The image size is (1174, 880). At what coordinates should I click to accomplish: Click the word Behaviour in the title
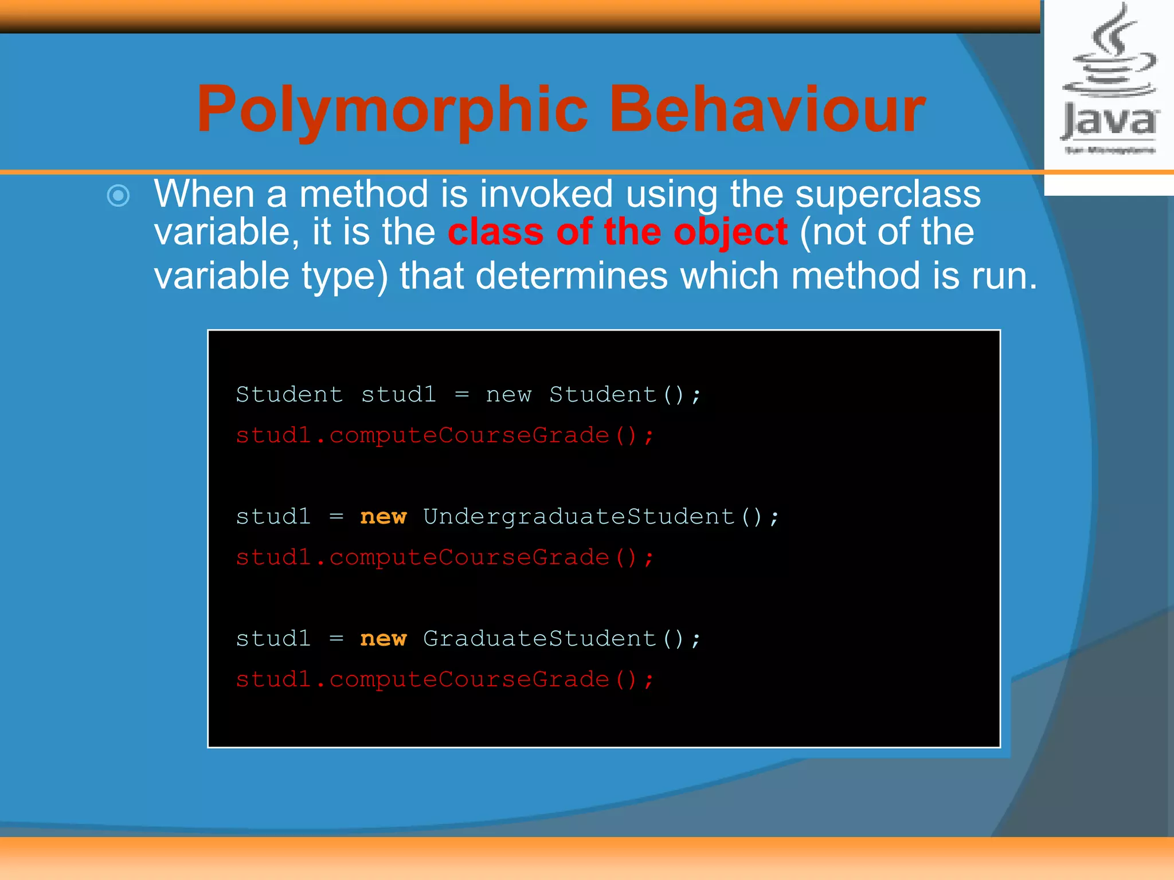point(766,109)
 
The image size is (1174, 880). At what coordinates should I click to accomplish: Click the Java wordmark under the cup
point(1109,122)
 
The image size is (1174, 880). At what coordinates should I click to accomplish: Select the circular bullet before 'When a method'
point(119,196)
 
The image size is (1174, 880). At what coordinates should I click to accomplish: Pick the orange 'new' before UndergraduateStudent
point(383,517)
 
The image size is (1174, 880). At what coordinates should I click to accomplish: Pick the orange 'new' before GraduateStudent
point(383,639)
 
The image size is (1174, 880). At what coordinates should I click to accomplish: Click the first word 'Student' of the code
point(289,395)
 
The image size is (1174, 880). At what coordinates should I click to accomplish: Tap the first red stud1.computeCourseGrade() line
point(444,435)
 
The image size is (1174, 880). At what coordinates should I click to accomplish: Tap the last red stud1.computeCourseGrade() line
point(444,679)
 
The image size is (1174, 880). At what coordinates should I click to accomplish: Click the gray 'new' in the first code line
point(508,395)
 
